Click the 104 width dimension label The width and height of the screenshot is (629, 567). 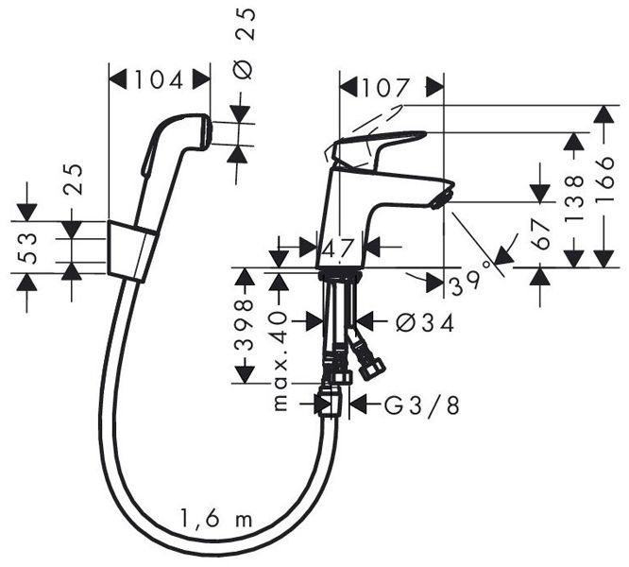[159, 80]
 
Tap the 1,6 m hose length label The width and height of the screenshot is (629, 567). [215, 518]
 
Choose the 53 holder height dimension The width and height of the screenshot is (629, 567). [28, 247]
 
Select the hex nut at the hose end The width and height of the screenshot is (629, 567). [330, 404]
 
